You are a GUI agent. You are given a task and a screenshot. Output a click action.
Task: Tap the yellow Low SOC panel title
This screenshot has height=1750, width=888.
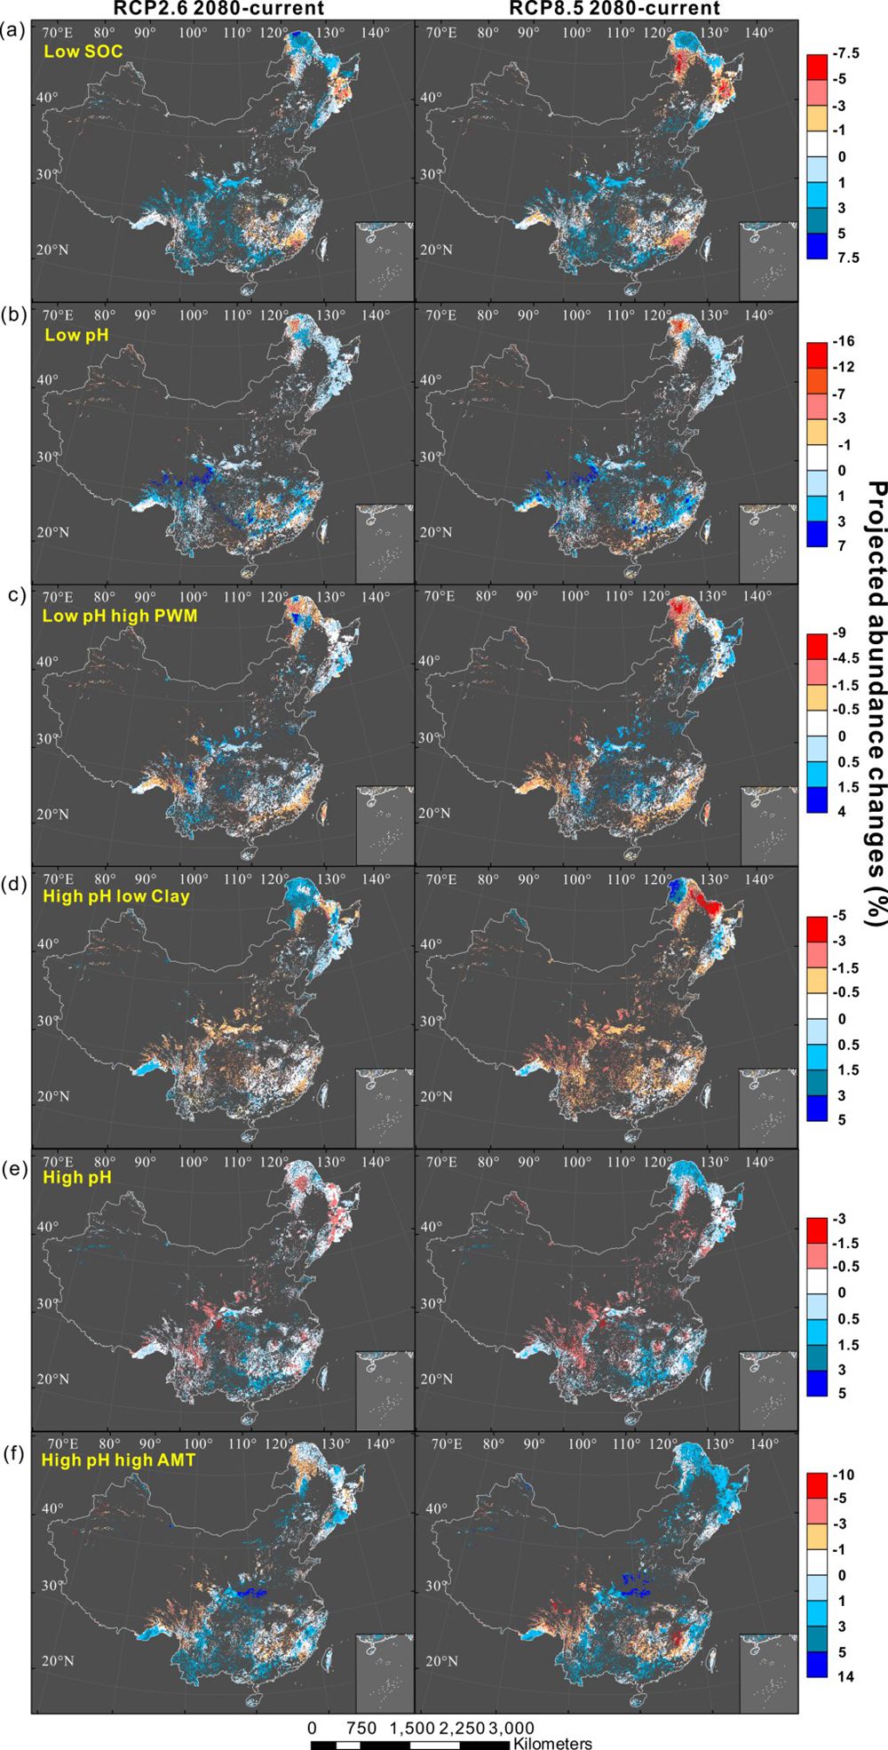pos(83,52)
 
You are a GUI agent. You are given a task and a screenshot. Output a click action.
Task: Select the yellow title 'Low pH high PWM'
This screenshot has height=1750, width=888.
pos(120,615)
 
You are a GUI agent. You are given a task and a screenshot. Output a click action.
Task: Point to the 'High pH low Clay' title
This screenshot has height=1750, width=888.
pos(115,895)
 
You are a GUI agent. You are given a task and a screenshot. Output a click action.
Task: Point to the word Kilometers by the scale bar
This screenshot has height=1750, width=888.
pos(551,1744)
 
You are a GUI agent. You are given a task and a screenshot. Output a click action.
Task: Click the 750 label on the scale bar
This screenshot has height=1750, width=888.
pos(361,1729)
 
